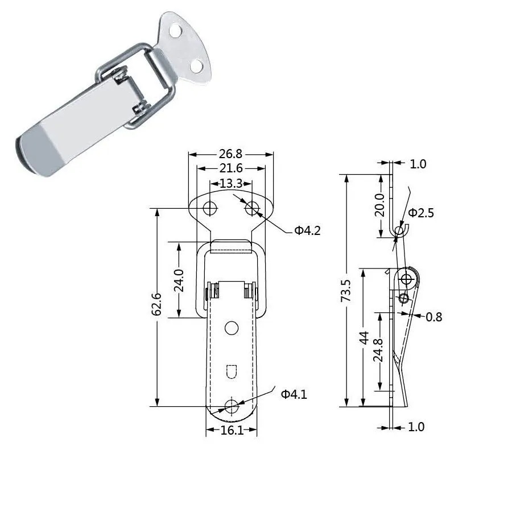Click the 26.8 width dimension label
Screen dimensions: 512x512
coord(230,154)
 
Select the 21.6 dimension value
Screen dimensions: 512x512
coord(231,168)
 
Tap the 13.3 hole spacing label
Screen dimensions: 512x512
coord(231,184)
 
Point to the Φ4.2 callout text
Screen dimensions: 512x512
coord(308,231)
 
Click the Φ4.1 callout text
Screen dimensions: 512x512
coord(294,394)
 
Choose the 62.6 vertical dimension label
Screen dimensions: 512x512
coord(157,304)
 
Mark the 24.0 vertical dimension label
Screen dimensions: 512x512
coord(179,280)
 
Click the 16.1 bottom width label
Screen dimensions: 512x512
coord(232,431)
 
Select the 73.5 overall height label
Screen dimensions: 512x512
coord(346,291)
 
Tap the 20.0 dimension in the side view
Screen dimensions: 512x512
coord(380,205)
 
